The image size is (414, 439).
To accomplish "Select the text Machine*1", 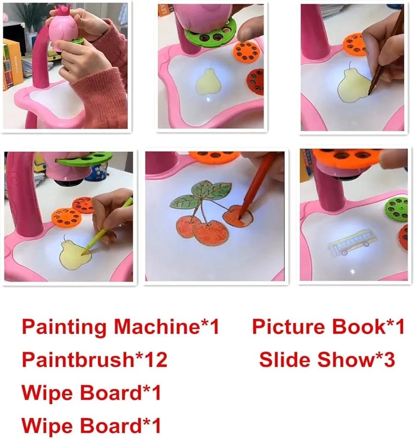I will [x=167, y=327].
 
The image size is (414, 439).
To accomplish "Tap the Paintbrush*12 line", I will [x=94, y=360].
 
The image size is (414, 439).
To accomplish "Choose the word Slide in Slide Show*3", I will [x=284, y=360].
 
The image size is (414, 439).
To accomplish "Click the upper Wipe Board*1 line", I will [x=91, y=392].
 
